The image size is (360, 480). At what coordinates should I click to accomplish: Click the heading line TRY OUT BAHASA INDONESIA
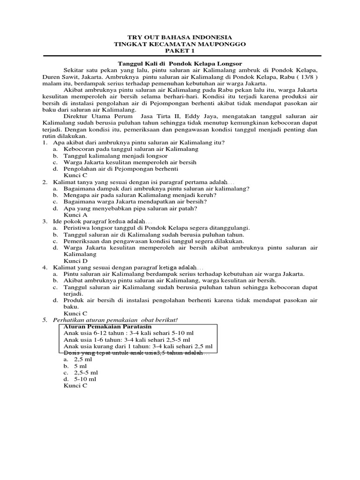pyautogui.click(x=180, y=37)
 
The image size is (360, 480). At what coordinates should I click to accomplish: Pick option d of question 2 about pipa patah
pyautogui.click(x=130, y=208)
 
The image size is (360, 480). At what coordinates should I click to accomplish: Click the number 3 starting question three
pyautogui.click(x=44, y=221)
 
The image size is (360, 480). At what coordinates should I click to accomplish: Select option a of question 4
pyautogui.click(x=184, y=274)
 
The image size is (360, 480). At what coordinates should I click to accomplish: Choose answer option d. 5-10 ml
pyautogui.click(x=80, y=379)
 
